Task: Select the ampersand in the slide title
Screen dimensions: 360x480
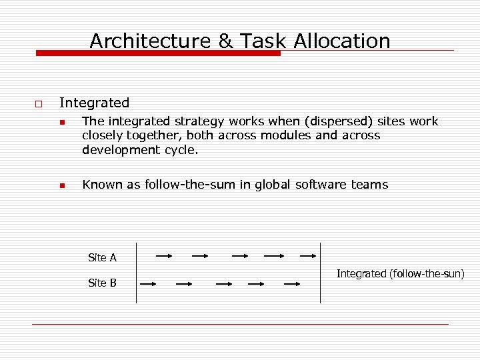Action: click(226, 41)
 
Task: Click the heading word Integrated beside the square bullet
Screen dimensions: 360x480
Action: click(94, 103)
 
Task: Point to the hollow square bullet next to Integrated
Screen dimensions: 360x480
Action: click(37, 104)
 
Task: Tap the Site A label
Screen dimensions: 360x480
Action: click(102, 257)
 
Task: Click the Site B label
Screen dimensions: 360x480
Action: click(102, 283)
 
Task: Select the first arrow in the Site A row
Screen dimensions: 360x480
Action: click(163, 255)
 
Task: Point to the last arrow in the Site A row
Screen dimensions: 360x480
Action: click(307, 255)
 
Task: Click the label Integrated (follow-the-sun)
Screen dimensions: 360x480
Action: click(401, 273)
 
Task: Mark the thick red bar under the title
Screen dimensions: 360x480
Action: click(158, 53)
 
